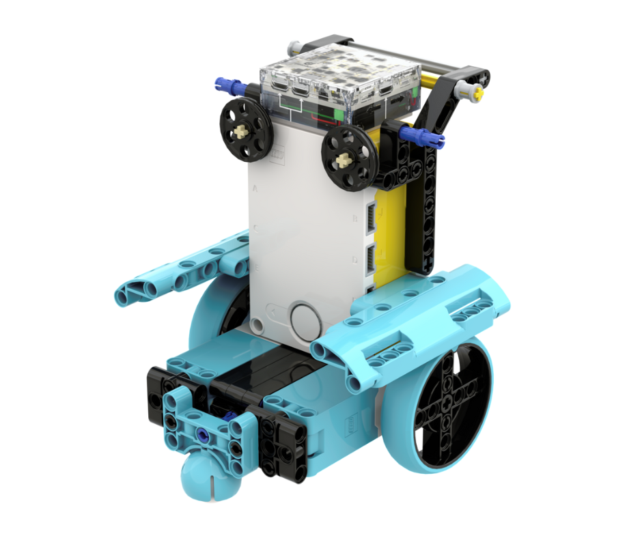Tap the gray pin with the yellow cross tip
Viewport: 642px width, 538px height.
tap(472, 89)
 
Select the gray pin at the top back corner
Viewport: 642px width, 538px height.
tap(295, 47)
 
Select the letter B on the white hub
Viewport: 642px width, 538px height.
tap(355, 219)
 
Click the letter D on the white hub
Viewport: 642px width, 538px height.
tap(354, 259)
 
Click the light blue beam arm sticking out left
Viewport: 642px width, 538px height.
tap(178, 273)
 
